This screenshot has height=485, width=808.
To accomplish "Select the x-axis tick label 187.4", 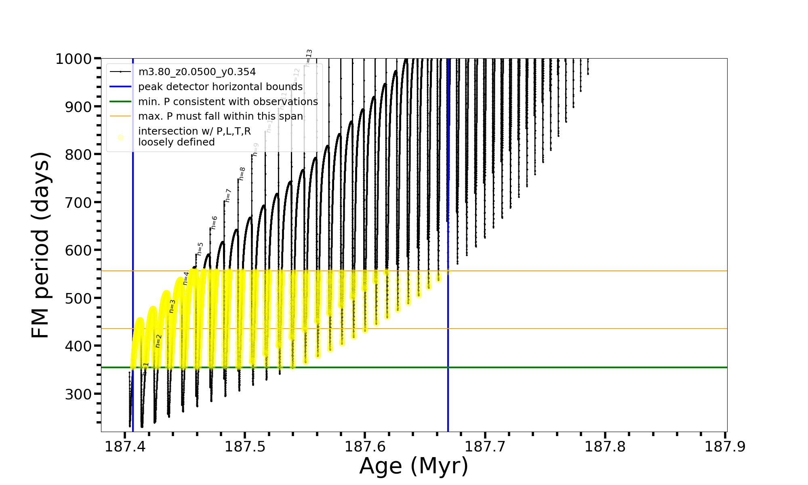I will [125, 447].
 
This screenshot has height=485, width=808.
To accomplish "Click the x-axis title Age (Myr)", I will [414, 466].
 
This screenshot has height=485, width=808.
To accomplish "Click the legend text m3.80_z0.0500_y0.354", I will [197, 72].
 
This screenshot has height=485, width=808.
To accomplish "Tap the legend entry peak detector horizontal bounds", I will [220, 87].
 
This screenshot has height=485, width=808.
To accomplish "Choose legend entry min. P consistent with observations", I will [228, 101].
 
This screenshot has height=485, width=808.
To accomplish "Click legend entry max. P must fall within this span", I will [220, 116].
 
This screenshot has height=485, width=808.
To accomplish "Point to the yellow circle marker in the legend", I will [120, 137].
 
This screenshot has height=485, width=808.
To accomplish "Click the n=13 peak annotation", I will [309, 58].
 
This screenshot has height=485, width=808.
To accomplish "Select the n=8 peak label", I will [242, 174].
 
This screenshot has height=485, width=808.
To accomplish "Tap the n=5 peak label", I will [200, 249].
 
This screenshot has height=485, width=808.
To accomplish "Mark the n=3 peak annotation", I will [172, 306].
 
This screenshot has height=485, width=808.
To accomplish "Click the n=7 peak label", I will [228, 196].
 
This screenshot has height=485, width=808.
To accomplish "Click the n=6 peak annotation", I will [214, 223].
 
